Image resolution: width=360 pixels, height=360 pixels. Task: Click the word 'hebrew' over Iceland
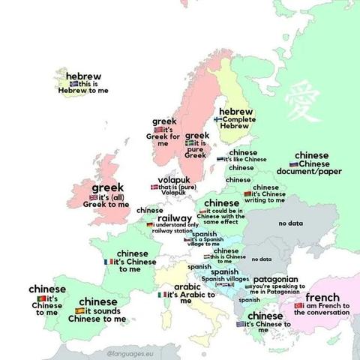point(84,76)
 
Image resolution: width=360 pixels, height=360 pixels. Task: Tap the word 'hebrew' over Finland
point(235,111)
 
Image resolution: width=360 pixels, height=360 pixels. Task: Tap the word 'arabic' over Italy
point(187,286)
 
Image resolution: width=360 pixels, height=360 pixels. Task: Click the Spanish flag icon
point(79,310)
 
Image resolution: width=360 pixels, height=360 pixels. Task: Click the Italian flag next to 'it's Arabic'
point(162,295)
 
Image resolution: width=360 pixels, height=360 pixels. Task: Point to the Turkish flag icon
point(298,306)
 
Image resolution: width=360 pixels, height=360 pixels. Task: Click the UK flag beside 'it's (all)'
point(93,196)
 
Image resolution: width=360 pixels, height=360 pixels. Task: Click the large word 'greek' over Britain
point(107,187)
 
